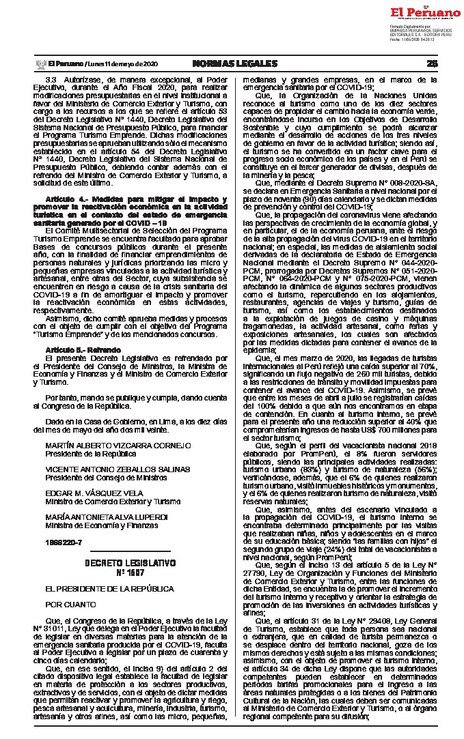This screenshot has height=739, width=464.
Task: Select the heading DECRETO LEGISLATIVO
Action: (x=130, y=563)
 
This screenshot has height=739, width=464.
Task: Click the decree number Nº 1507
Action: (x=130, y=572)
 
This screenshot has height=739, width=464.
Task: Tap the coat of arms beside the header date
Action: (x=40, y=63)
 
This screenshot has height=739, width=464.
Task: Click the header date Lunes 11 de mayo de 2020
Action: (x=121, y=63)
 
